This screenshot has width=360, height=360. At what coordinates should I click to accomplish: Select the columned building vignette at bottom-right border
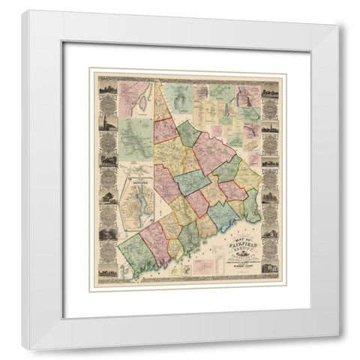270,266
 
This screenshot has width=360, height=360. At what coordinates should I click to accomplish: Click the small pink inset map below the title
202,265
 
